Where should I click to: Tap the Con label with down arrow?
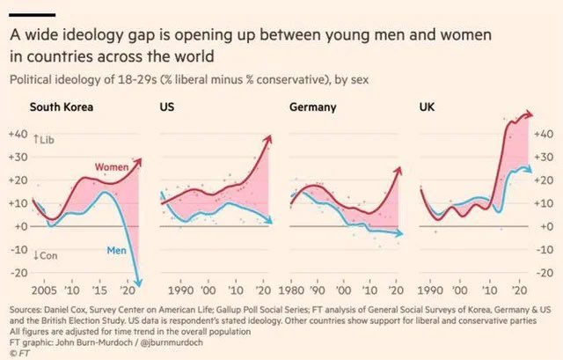(x=44, y=255)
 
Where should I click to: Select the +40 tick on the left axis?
(x=18, y=134)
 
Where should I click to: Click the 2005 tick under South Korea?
(x=40, y=290)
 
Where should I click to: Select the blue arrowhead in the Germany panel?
(x=401, y=233)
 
